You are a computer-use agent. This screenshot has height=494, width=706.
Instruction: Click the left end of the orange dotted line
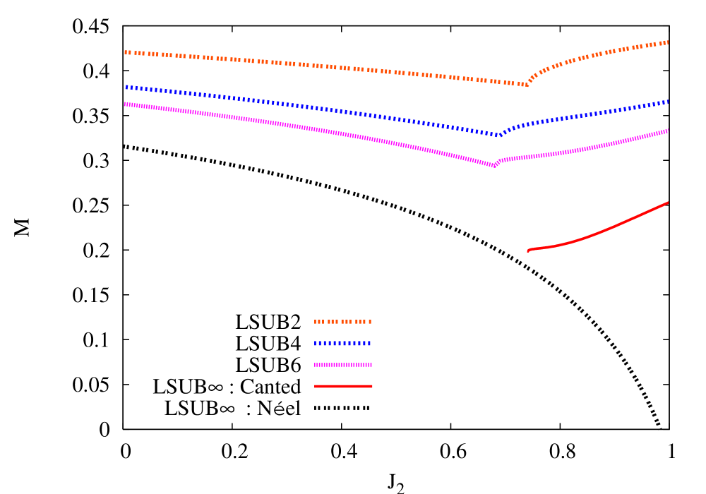126,52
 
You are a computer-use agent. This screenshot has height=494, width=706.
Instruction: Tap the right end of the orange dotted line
668,42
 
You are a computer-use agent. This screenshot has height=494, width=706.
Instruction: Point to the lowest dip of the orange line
527,85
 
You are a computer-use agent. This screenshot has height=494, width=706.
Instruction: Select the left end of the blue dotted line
126,88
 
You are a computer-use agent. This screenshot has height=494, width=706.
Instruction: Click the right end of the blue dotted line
668,102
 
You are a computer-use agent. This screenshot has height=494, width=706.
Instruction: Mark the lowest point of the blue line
500,135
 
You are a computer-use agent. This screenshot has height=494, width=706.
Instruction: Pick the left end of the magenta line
126,104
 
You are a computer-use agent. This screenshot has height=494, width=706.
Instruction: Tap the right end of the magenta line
668,131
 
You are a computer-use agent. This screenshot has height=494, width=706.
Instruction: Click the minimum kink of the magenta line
495,166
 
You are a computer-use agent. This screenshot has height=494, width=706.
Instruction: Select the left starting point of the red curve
528,251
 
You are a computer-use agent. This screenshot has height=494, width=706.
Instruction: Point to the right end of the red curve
668,203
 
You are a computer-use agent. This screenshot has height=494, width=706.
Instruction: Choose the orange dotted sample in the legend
343,322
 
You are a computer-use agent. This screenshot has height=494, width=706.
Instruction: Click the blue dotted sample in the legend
343,344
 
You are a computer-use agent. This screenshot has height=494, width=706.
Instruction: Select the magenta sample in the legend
343,365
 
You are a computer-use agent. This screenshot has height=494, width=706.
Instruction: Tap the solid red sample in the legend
343,387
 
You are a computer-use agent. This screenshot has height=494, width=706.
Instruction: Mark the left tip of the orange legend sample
315,322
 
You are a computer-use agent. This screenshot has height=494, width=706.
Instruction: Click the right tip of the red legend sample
372,387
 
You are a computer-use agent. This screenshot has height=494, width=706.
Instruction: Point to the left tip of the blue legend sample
315,344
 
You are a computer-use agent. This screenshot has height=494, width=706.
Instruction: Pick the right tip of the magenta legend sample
372,365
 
